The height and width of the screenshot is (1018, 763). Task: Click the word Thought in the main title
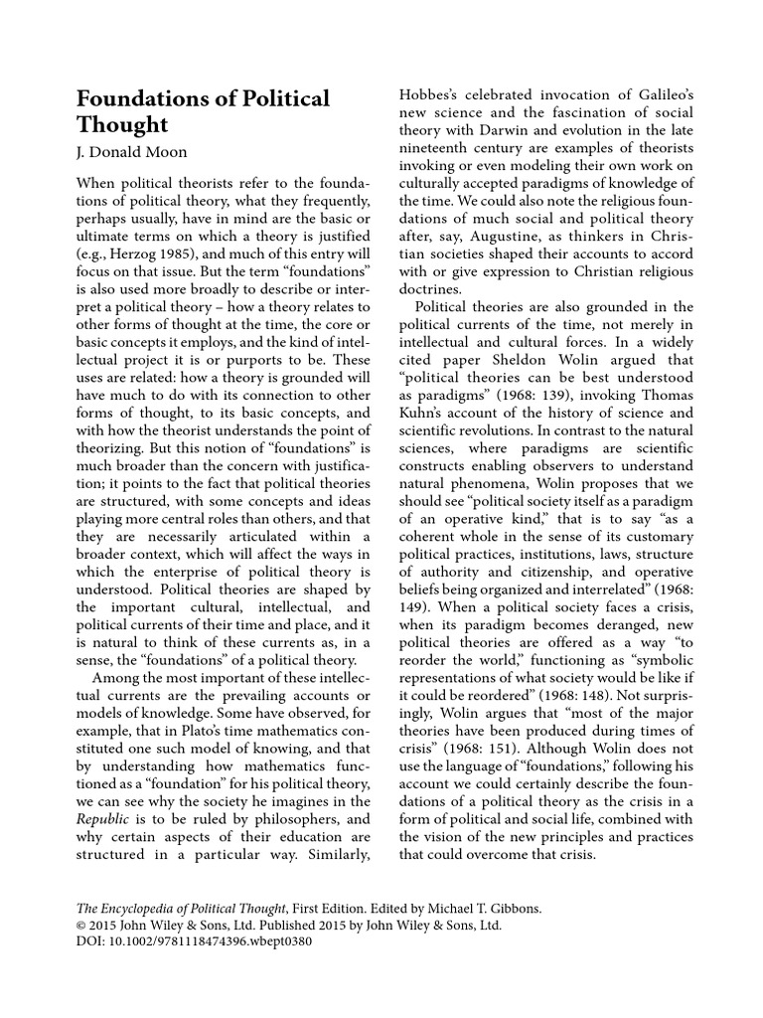tap(122, 126)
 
